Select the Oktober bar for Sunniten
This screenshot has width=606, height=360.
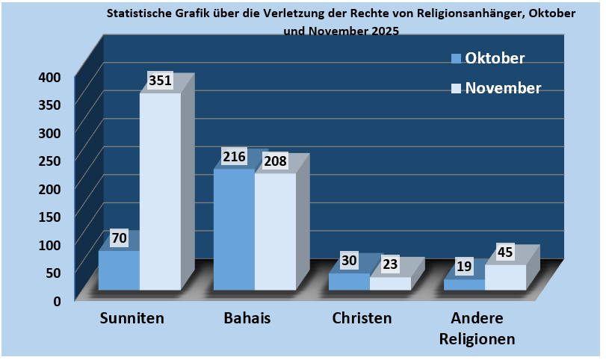coord(119,270)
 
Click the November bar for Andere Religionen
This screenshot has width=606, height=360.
coord(505,277)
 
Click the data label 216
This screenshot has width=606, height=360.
coord(235,158)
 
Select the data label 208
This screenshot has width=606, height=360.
coord(274,161)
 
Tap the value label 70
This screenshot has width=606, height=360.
coord(120,238)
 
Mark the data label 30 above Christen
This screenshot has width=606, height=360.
coord(349,261)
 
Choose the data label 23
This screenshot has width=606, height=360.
coord(390,264)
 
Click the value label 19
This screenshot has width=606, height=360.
coord(464,267)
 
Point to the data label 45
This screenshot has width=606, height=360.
coord(505,252)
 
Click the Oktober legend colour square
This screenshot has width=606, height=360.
coord(455,58)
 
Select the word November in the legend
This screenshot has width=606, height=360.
coord(503,88)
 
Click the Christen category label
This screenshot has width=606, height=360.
coord(362,318)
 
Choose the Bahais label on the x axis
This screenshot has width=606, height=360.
coord(247,318)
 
